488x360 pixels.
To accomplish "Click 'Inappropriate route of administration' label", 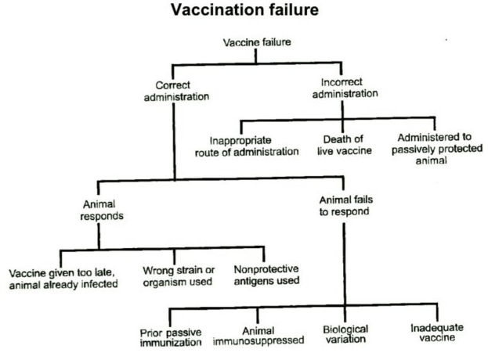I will (x=246, y=146).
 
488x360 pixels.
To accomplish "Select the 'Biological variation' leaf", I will (x=345, y=335).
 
